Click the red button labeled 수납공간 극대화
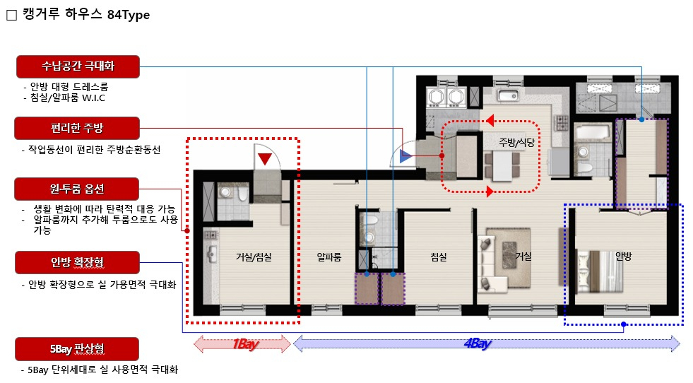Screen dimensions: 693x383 tap(78, 66)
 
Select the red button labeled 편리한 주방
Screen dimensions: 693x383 tap(77, 129)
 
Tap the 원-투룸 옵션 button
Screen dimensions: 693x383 tap(77, 189)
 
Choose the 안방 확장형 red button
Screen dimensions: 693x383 tap(77, 263)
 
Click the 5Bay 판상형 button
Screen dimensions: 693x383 tap(77, 349)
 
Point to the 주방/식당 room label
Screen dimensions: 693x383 tap(516, 143)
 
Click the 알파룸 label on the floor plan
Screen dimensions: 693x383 tap(328, 257)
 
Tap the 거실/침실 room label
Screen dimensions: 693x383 tap(253, 257)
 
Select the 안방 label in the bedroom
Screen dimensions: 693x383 tap(624, 256)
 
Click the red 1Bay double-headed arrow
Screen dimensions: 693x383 tap(242, 343)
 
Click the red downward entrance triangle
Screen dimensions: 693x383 tap(265, 158)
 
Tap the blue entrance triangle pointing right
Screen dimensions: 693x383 tap(405, 156)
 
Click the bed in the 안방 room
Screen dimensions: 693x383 tap(600, 272)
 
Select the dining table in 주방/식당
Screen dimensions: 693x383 tap(502, 166)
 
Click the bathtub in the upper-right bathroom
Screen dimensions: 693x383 tap(592, 132)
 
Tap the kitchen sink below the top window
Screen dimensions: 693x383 tap(508, 95)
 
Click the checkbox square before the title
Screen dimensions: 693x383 tap(11, 15)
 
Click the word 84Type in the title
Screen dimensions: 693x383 tap(129, 15)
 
